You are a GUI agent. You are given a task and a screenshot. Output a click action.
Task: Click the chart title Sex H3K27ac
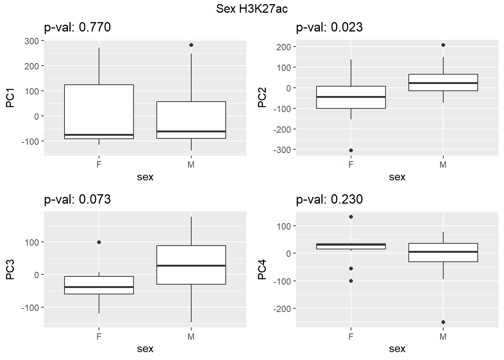click(x=252, y=9)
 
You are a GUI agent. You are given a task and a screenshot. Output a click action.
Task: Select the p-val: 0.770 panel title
click(x=77, y=27)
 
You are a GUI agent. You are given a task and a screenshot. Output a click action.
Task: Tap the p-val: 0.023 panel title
click(x=329, y=27)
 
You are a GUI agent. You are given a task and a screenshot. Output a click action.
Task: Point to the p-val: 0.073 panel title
click(x=77, y=199)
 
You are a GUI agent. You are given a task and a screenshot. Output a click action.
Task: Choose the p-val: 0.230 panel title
click(x=329, y=199)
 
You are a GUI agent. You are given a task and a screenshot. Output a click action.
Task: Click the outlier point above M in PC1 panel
click(x=191, y=45)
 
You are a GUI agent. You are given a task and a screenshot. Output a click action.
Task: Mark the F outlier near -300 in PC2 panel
click(x=351, y=150)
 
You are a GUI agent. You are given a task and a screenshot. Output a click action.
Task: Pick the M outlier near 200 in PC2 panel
click(x=443, y=45)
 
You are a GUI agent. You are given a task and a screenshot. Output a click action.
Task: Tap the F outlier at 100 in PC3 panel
click(x=99, y=242)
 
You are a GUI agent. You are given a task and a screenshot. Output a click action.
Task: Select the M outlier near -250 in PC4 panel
click(x=443, y=322)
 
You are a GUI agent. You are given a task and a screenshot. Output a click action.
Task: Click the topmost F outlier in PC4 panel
click(x=351, y=217)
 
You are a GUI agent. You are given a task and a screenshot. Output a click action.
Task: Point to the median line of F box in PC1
click(x=99, y=135)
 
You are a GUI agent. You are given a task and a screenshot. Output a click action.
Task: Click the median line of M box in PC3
click(x=191, y=265)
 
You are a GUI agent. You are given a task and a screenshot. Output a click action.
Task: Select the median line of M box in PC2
click(x=443, y=83)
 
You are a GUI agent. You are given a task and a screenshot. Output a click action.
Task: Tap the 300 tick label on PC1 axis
click(x=32, y=41)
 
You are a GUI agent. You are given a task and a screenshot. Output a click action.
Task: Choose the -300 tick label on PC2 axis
click(x=282, y=150)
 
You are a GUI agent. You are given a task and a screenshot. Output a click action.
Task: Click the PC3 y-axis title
click(x=10, y=270)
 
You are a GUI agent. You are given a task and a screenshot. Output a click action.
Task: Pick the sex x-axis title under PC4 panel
click(x=397, y=349)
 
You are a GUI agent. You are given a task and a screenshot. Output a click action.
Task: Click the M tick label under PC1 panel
click(x=191, y=165)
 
